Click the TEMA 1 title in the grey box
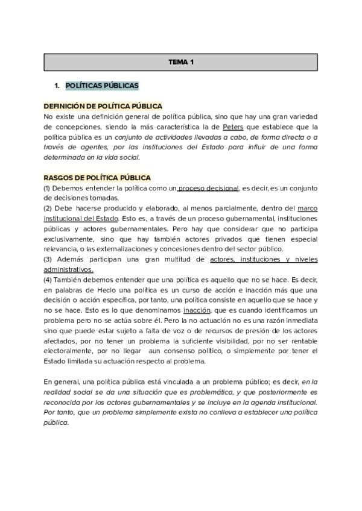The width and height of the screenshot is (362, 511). pyautogui.click(x=180, y=62)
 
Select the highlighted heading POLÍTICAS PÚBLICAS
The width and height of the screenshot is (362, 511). pyautogui.click(x=102, y=86)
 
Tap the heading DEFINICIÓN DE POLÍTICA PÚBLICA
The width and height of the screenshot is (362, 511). pyautogui.click(x=103, y=105)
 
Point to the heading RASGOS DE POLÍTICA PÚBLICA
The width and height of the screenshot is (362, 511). pyautogui.click(x=97, y=178)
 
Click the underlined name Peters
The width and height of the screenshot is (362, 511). pyautogui.click(x=233, y=127)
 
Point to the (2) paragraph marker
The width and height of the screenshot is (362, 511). pyautogui.click(x=48, y=208)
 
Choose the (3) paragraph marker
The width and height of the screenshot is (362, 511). pyautogui.click(x=48, y=260)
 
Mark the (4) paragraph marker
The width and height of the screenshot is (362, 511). pyautogui.click(x=48, y=280)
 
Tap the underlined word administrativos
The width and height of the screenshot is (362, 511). pyautogui.click(x=68, y=269)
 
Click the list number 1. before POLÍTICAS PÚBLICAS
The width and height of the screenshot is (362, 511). pyautogui.click(x=57, y=86)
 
